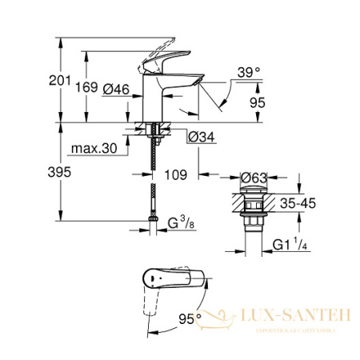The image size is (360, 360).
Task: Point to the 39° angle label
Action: click(248, 72)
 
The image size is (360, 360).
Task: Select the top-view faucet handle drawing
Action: click(172, 282)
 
